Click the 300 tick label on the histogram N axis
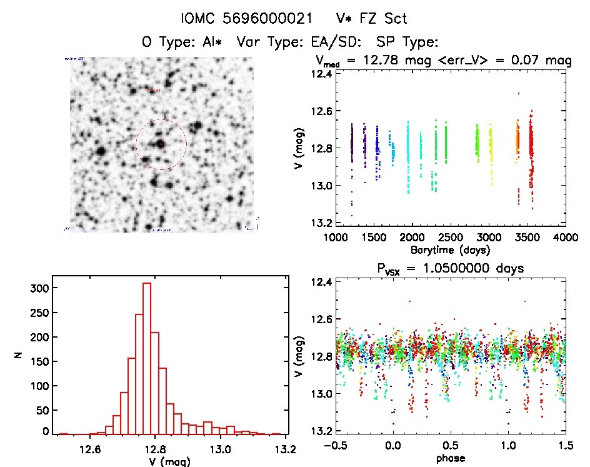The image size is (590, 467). click(37, 288)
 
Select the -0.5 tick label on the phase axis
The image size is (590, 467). click(335, 446)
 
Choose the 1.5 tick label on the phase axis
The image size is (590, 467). click(565, 446)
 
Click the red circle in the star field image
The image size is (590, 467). click(161, 145)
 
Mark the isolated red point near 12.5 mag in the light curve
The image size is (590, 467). click(519, 94)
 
